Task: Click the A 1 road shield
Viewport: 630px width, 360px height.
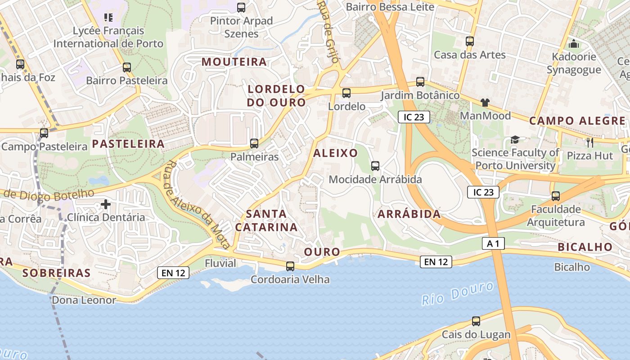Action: (493, 243)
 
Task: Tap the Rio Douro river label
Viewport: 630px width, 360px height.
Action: (458, 294)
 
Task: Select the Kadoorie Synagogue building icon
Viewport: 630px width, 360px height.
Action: (574, 44)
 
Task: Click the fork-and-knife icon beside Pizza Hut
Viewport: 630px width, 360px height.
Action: (590, 143)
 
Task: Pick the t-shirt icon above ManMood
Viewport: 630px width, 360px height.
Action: (485, 103)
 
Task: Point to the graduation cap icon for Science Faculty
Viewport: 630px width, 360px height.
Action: (515, 140)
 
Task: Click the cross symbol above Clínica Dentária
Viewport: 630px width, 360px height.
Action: (106, 205)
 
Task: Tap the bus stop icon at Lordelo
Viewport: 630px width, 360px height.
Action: (346, 93)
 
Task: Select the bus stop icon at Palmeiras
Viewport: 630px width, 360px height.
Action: (254, 144)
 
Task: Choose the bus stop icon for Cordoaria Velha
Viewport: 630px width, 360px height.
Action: (290, 266)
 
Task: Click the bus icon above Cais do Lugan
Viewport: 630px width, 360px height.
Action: (476, 321)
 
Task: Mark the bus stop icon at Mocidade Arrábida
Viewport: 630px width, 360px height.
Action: (375, 166)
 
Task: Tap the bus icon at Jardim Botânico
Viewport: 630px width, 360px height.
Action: (420, 82)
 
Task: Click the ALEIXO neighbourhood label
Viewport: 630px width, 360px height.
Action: (335, 153)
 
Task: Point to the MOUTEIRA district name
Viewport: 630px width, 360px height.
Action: (234, 62)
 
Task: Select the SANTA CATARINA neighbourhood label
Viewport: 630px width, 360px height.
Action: (266, 220)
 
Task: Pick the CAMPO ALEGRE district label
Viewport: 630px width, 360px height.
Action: (577, 121)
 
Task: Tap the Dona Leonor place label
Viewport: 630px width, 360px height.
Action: (84, 300)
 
